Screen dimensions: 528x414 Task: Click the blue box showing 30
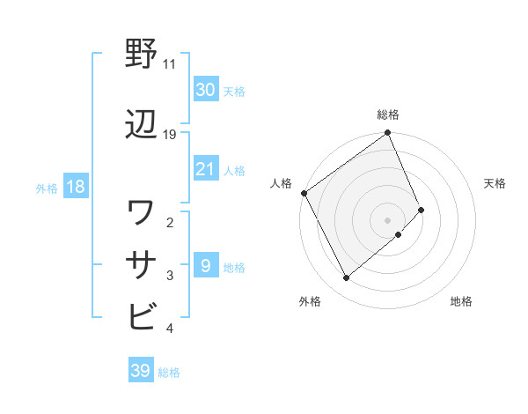click(x=206, y=89)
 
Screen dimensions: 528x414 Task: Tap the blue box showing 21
click(x=206, y=169)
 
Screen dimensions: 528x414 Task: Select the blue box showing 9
click(x=206, y=265)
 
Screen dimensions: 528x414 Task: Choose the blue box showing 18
click(x=75, y=187)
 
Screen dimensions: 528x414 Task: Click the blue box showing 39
click(x=140, y=371)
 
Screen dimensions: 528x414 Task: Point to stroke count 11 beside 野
click(x=169, y=64)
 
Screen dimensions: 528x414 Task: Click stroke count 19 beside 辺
click(x=170, y=135)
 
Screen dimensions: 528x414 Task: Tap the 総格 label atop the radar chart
click(x=388, y=115)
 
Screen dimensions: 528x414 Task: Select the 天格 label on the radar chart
click(x=495, y=183)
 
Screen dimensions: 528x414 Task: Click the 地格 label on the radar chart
click(x=461, y=302)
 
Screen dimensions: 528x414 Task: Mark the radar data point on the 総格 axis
click(x=388, y=134)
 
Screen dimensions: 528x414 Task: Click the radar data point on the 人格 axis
click(x=304, y=193)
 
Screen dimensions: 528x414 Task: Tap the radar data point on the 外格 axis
click(x=347, y=278)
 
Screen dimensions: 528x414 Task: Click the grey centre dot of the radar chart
click(x=387, y=218)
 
